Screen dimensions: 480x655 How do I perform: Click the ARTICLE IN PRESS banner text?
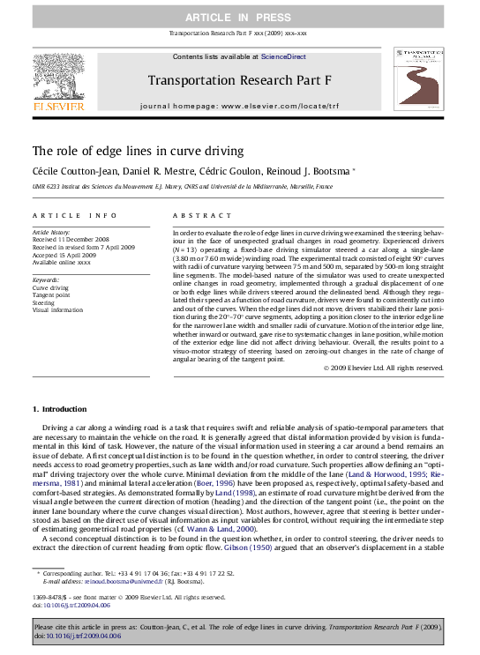coord(239,18)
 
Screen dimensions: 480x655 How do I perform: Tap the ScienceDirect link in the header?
coord(282,56)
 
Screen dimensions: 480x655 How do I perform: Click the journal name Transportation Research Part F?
coord(239,80)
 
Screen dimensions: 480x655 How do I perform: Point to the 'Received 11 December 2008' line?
coord(71,238)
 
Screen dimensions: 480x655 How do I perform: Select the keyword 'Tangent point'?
coord(52,294)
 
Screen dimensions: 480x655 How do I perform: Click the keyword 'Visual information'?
coord(57,309)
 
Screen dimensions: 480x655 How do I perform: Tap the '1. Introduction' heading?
coord(60,409)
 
